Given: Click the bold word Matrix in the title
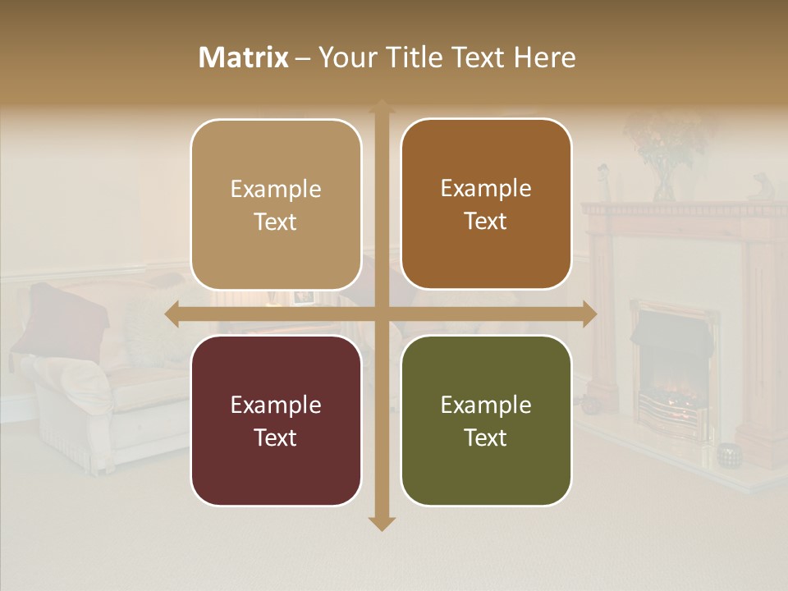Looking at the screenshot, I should [x=244, y=57].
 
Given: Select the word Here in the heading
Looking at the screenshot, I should [x=545, y=57].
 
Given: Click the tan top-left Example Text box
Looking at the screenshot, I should [x=276, y=204].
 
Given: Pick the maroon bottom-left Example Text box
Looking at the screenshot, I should [x=276, y=420].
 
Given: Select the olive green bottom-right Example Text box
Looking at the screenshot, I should [x=486, y=420].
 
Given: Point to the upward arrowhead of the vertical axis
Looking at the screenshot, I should [x=381, y=107].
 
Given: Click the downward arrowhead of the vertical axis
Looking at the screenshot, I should [x=381, y=523].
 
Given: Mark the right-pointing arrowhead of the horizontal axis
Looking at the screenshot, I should [x=589, y=314].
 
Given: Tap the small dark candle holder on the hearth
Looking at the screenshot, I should [x=728, y=452].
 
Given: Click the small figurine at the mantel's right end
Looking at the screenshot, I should [x=760, y=187].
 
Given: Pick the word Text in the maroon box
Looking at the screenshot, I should [x=276, y=438].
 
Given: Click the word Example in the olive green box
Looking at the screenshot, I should [x=486, y=405].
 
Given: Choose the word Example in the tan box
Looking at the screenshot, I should [x=276, y=189].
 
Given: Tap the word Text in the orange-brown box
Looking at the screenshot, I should [x=486, y=221].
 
